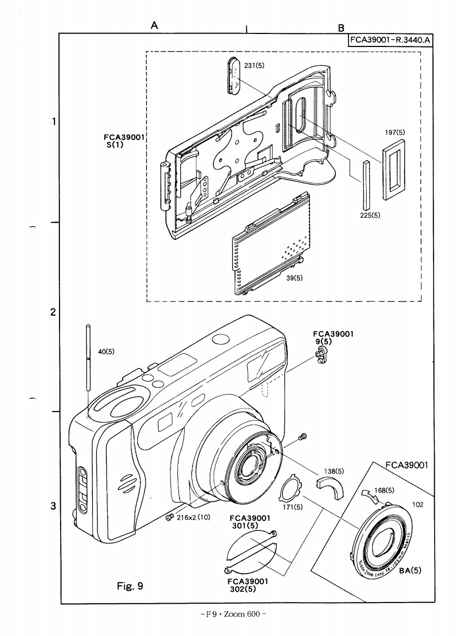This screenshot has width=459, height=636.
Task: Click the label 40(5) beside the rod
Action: (106, 351)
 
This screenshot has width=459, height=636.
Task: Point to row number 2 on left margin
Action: (53, 312)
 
